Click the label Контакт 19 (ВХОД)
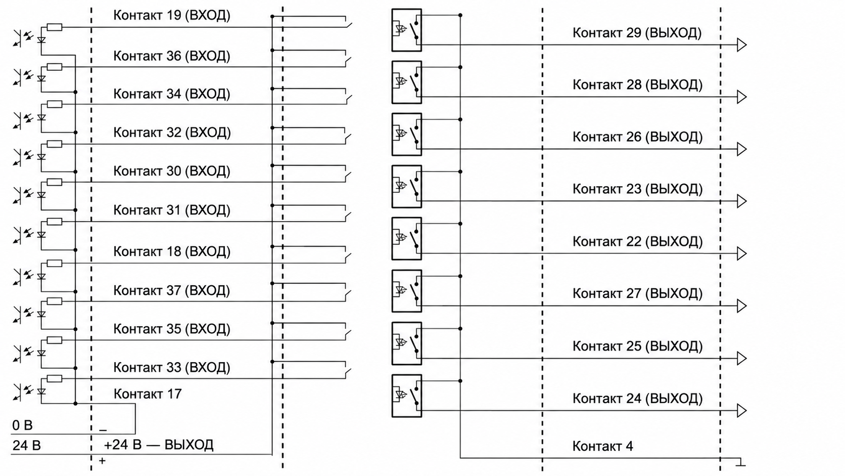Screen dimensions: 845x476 click(x=172, y=15)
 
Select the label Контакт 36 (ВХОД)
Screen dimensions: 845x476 click(x=172, y=56)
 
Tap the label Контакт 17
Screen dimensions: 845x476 click(x=148, y=394)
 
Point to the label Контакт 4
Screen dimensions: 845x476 click(x=602, y=446)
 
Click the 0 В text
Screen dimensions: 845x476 click(x=22, y=425)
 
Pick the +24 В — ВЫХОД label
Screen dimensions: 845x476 click(x=159, y=445)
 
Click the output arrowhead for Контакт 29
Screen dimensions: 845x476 click(x=741, y=45)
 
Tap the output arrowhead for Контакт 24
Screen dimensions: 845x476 click(x=741, y=410)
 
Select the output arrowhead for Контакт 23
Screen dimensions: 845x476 click(x=741, y=201)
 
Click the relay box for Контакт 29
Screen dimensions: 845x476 click(x=407, y=30)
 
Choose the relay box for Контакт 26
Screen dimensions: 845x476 click(x=407, y=135)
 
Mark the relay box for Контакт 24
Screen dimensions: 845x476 click(x=407, y=396)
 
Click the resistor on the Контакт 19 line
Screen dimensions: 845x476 click(x=54, y=27)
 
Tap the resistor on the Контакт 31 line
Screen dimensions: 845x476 click(x=54, y=222)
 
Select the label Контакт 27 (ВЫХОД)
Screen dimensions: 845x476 click(x=637, y=293)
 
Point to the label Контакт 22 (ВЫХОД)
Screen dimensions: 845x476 click(x=637, y=241)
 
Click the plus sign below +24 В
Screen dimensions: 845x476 click(x=102, y=461)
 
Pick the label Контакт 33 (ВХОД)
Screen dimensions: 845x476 click(x=172, y=367)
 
